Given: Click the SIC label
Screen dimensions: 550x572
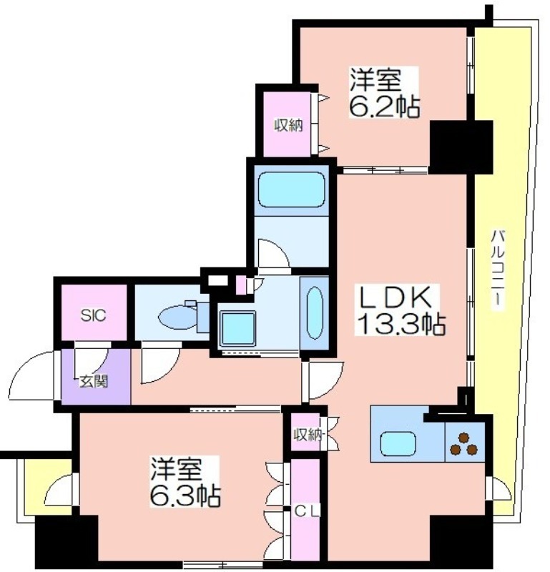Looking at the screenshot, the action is point(94,315).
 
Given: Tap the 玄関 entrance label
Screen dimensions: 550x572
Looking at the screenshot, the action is point(94,382).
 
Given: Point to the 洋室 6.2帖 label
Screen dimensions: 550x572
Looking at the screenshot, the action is point(384,92).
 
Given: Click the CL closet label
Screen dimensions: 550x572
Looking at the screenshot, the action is point(307,511).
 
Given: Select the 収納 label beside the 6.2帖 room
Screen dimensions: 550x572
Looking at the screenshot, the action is point(289,126).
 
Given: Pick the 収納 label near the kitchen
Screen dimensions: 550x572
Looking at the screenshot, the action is point(308,435).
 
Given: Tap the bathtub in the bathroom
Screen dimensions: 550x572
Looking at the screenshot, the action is point(292,189).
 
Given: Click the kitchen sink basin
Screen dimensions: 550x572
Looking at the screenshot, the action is point(398,443).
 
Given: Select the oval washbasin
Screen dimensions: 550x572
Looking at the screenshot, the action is point(315,312).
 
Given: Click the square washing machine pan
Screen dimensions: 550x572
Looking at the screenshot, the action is point(237,329).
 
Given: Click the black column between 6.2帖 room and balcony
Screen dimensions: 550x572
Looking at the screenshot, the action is point(461,147).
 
